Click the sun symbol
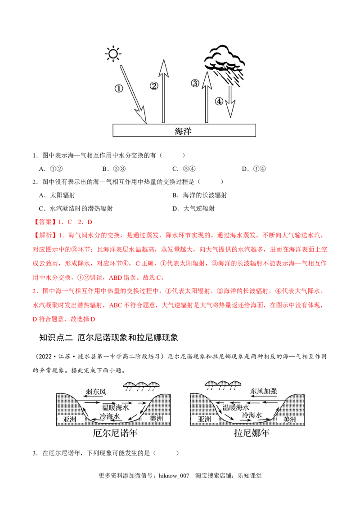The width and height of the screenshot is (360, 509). (x=112, y=54)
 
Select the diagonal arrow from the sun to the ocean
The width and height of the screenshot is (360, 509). (x=133, y=94)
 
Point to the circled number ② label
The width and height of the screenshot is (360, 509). (x=154, y=85)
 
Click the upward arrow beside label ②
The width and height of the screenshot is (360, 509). (x=163, y=92)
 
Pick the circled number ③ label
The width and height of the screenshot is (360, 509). (x=194, y=83)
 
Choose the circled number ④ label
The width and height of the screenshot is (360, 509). (x=219, y=101)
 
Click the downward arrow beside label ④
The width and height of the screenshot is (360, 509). (x=230, y=101)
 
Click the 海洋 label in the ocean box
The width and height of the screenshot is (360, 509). (x=184, y=131)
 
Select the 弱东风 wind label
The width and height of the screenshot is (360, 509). (x=96, y=392)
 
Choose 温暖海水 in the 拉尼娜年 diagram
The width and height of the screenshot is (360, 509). (x=236, y=407)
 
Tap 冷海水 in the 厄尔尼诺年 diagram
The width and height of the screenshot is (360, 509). (x=109, y=417)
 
